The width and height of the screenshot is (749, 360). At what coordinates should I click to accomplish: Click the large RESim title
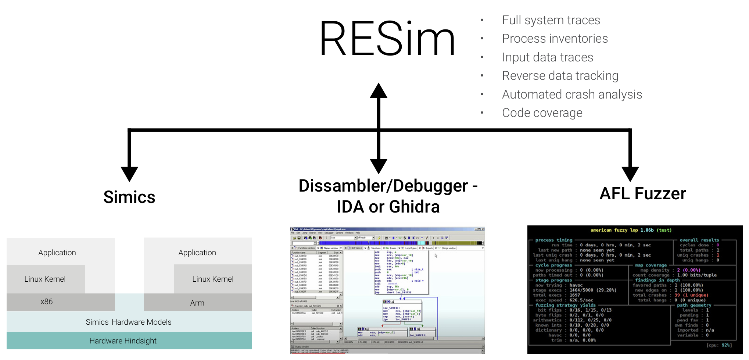point(387,39)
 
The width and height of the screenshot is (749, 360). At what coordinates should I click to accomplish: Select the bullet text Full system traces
point(551,20)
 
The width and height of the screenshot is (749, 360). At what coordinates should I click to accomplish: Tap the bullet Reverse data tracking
point(560,76)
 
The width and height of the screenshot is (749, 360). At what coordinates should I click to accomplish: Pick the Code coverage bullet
point(542,113)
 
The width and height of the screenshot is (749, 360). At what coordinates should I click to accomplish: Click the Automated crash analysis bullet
point(571,95)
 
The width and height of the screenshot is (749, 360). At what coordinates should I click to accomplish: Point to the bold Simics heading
point(129,197)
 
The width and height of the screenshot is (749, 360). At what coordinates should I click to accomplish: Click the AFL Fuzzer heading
point(642,193)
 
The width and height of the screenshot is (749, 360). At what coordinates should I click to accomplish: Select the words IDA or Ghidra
point(388,207)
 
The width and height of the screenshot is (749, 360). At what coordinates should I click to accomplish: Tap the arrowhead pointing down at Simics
point(129,174)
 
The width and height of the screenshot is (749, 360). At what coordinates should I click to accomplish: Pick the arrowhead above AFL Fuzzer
point(630,174)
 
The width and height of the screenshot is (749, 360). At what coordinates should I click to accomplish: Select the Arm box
point(198,303)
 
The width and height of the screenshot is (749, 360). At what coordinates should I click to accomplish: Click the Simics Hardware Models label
point(129,322)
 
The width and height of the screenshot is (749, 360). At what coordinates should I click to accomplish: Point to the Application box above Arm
point(197,253)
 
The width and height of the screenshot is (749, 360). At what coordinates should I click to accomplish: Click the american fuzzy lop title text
point(631,230)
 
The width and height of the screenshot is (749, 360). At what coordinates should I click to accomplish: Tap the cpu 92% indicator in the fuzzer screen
point(718,345)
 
